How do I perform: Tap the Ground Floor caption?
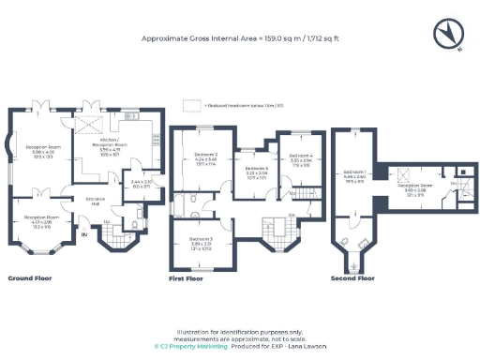pos(31,278)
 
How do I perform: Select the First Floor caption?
pos(187,278)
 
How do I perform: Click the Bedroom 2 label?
pos(205,157)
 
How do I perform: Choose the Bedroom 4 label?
pos(300,157)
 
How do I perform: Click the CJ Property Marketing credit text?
pos(193,344)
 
